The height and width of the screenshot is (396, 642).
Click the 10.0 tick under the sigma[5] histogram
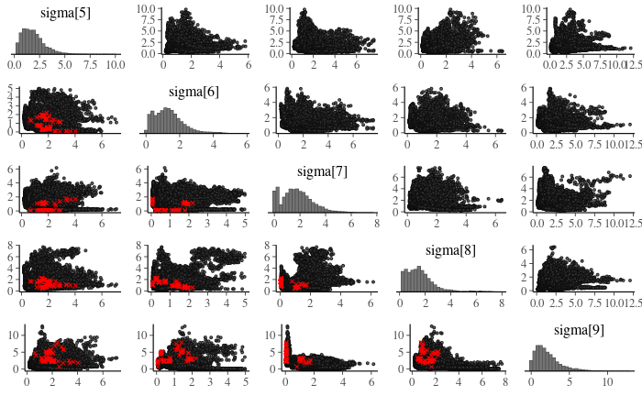(114, 66)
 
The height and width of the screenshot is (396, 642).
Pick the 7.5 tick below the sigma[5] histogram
(89, 66)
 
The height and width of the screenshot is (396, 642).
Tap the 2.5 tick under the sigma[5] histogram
(39, 66)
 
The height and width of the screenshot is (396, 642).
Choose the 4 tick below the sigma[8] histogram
(450, 302)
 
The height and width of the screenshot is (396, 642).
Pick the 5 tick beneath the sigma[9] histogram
(570, 381)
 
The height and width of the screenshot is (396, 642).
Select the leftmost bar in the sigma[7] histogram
(276, 201)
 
